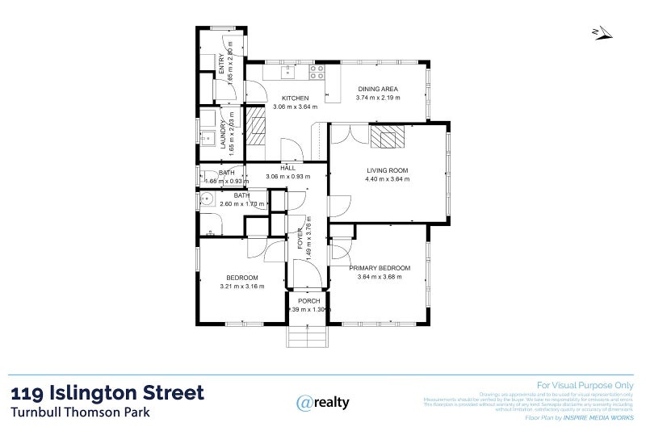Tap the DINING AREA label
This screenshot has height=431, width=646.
click(x=379, y=89)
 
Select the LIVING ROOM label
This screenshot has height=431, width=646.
click(x=388, y=170)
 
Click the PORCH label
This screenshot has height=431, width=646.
click(x=309, y=301)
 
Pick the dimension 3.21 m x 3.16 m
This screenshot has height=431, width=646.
click(x=241, y=286)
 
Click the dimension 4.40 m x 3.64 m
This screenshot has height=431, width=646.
click(x=388, y=179)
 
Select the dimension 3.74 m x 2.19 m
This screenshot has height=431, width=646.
click(x=379, y=98)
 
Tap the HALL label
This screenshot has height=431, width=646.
click(x=287, y=168)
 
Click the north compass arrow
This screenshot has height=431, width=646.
click(x=602, y=33)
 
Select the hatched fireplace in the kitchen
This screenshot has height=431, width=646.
click(x=255, y=129)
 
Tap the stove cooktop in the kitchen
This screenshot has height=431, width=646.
click(x=316, y=71)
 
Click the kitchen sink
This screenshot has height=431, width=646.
click(x=288, y=73)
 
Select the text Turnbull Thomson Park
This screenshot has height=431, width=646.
click(x=80, y=412)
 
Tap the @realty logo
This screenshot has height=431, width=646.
click(x=323, y=402)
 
